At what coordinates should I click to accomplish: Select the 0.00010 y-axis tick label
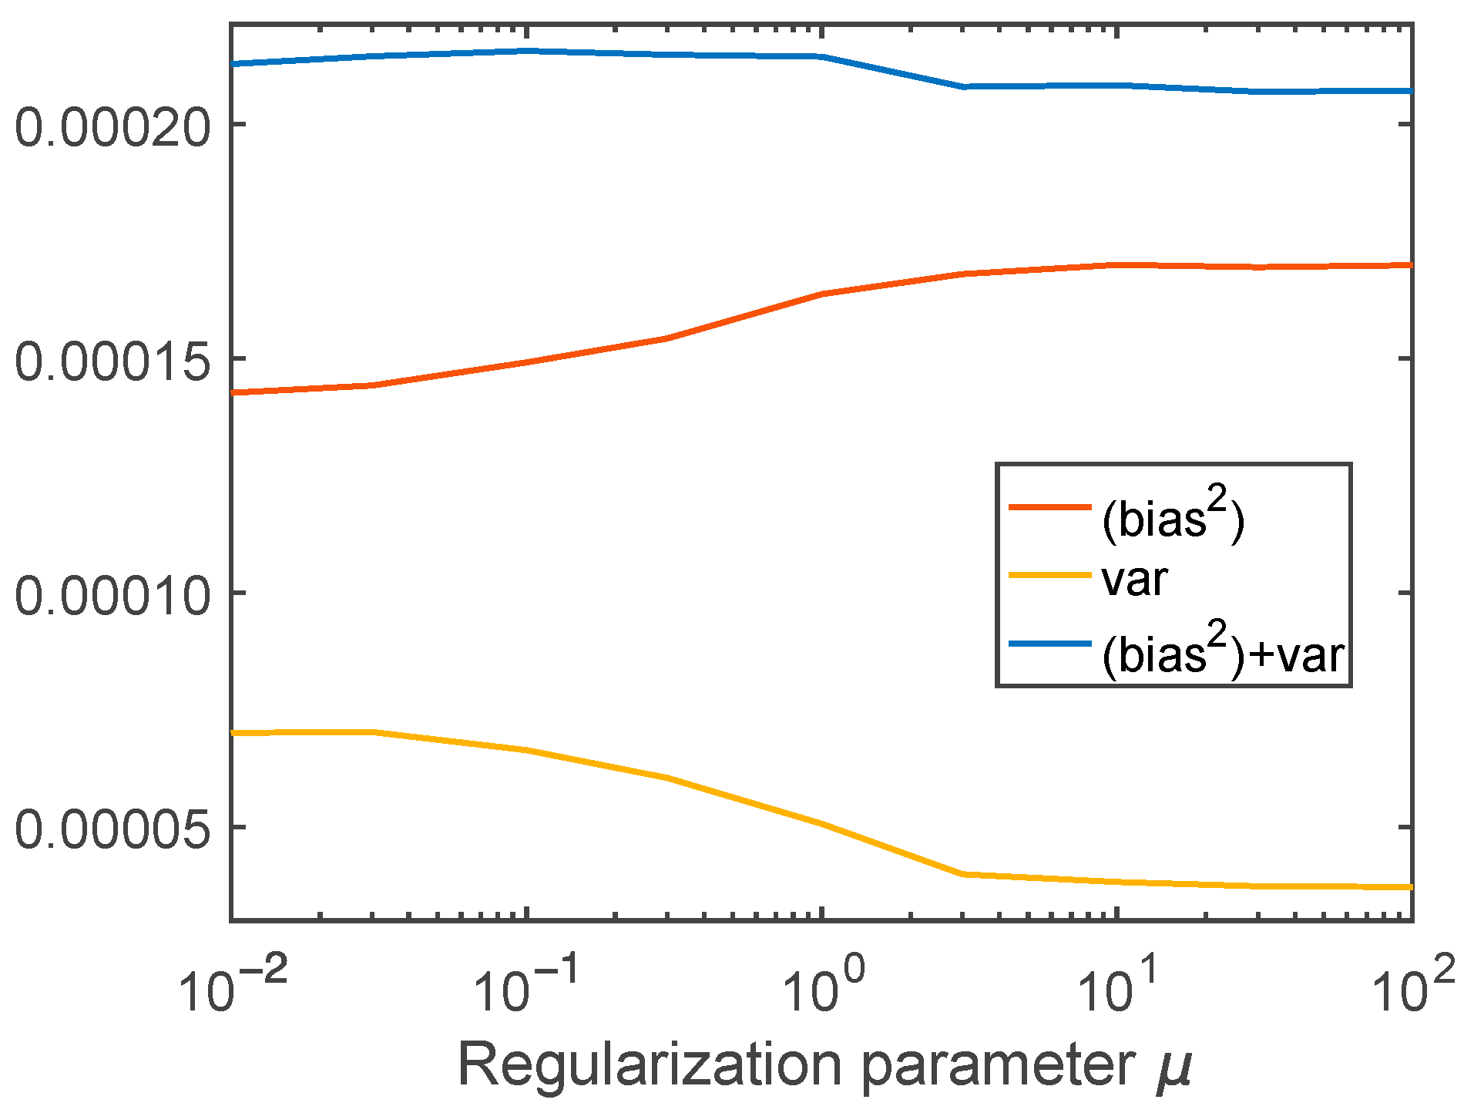point(112,596)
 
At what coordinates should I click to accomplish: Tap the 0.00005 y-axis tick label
point(112,830)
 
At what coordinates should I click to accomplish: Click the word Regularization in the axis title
point(652,1066)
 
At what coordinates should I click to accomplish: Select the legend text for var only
point(1134,580)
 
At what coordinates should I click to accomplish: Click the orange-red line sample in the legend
point(1050,507)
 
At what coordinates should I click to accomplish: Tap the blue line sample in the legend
point(1050,643)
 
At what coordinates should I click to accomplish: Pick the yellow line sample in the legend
point(1050,575)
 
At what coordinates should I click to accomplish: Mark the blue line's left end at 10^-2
point(232,64)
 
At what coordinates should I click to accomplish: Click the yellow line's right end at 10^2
point(1411,887)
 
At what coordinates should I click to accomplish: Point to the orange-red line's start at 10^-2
point(232,393)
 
